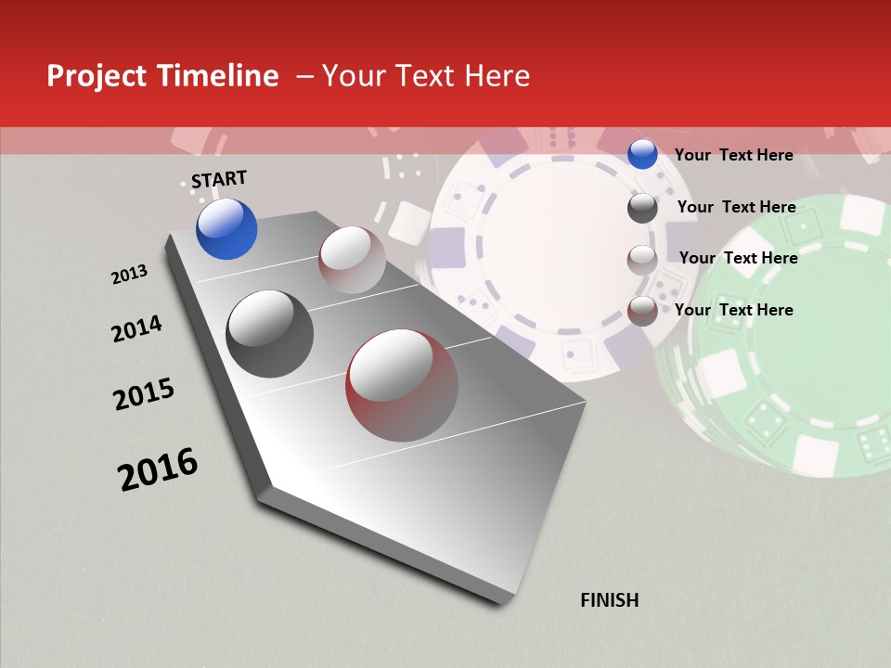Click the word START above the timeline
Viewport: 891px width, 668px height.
(x=219, y=179)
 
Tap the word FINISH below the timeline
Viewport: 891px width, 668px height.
(x=609, y=600)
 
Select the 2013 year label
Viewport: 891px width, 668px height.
(x=129, y=275)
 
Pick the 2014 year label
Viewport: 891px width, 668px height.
(x=136, y=328)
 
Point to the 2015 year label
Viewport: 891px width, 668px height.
(x=144, y=394)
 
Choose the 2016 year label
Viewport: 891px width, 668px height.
(x=158, y=469)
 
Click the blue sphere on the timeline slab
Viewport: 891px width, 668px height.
(x=226, y=228)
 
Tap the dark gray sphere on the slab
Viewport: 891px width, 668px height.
(x=270, y=334)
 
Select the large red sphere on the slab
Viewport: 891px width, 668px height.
(x=402, y=385)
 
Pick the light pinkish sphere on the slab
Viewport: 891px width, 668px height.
(x=352, y=260)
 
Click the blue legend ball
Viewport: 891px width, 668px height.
(x=642, y=155)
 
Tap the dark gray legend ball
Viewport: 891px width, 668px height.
(x=642, y=208)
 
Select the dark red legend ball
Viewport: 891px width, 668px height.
(x=642, y=311)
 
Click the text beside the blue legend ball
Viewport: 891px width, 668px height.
(x=733, y=155)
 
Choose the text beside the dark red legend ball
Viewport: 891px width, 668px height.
(x=733, y=310)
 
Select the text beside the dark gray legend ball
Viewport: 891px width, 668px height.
(x=736, y=207)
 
